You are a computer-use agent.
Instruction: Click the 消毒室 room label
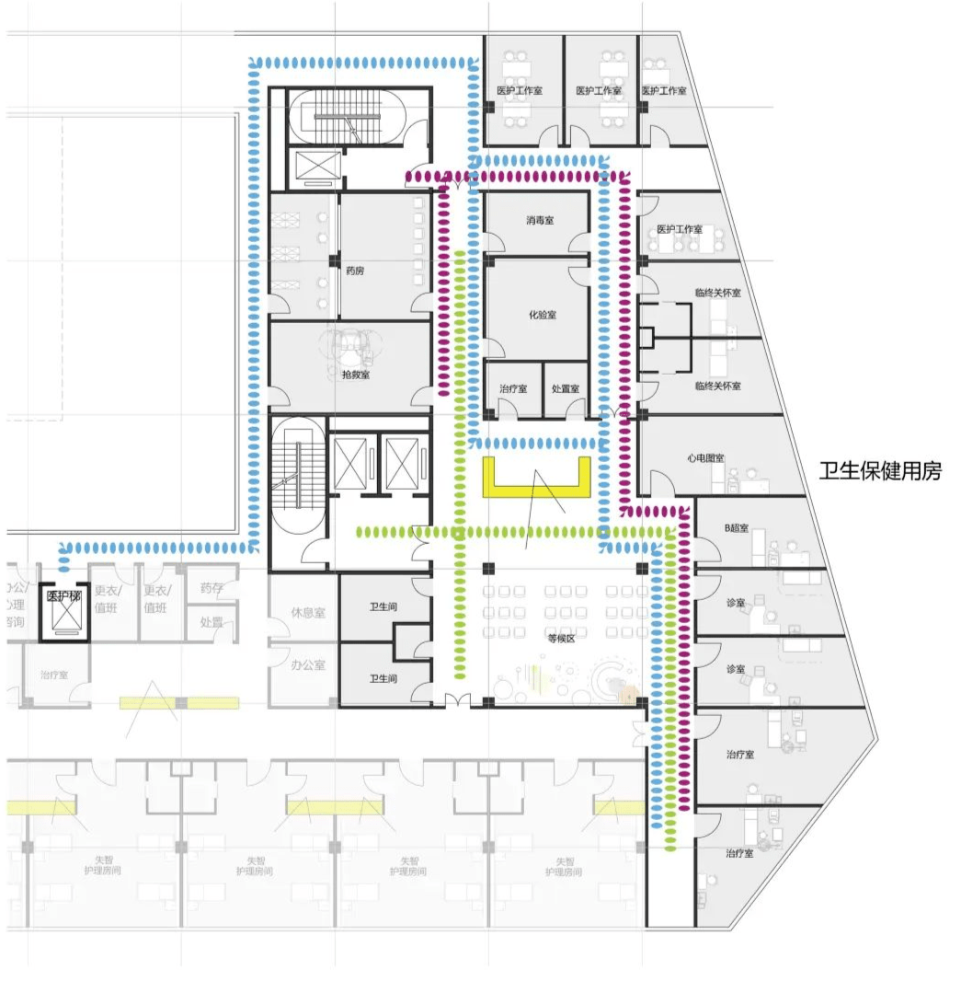point(540,221)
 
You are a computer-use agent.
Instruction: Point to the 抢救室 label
point(355,374)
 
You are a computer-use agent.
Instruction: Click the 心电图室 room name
point(705,457)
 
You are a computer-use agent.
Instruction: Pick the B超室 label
point(736,528)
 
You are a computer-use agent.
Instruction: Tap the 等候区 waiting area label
point(560,637)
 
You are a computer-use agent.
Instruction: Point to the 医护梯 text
point(64,596)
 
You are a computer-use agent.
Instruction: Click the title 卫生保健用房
point(881,471)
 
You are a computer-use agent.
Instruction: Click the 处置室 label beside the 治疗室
point(565,388)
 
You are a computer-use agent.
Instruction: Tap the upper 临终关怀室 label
point(717,293)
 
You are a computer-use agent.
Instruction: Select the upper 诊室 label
point(735,603)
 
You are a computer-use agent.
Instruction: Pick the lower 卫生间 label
point(383,678)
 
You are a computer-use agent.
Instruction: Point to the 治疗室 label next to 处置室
point(512,388)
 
